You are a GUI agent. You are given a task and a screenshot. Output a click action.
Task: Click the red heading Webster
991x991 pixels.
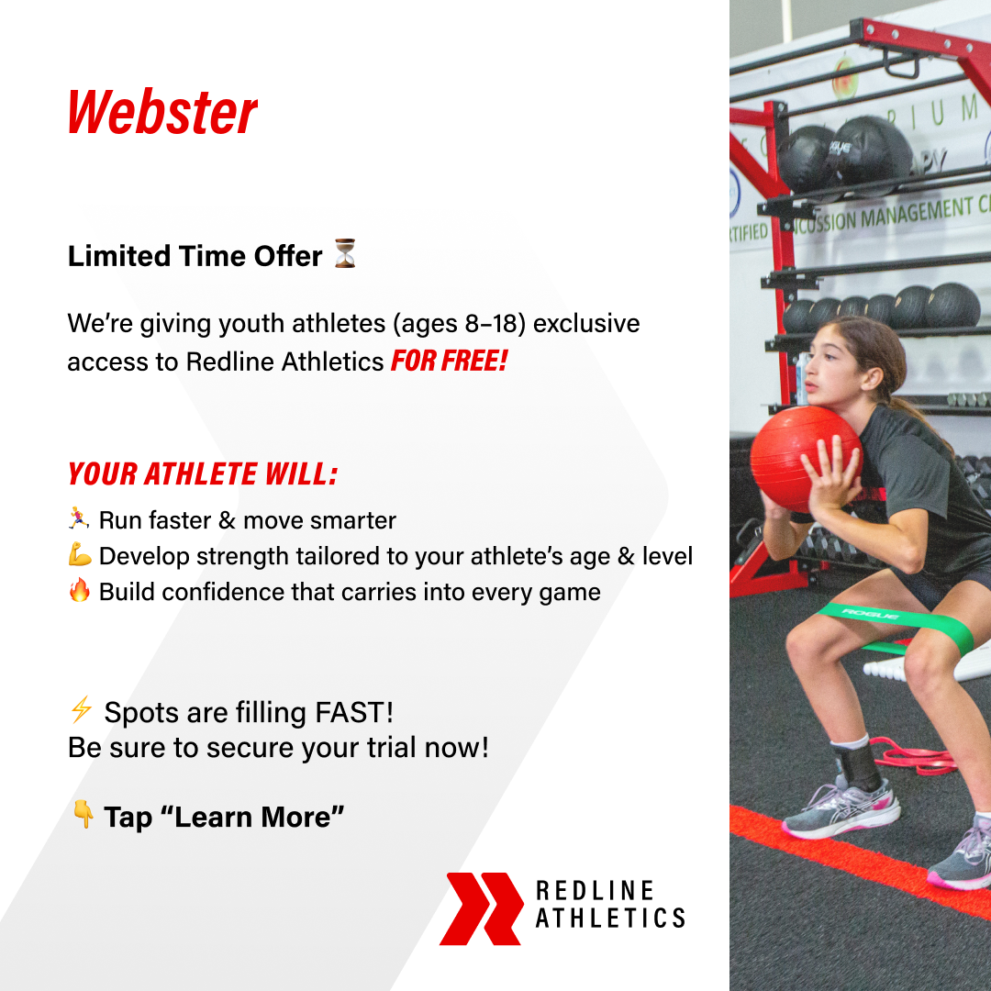[162, 113]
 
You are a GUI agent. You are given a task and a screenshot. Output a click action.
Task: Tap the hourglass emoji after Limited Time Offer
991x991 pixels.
[345, 254]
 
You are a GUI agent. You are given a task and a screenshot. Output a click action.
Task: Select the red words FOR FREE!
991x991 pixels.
[449, 362]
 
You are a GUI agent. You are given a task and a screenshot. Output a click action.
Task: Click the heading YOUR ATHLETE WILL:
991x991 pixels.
[203, 473]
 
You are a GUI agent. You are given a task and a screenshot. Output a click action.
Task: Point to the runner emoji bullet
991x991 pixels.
[79, 519]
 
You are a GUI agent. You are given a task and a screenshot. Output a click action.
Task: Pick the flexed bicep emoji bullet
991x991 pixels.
[79, 555]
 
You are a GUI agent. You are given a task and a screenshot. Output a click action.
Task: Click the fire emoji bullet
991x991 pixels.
[79, 591]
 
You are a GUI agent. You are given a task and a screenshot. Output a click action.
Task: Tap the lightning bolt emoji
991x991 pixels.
[81, 709]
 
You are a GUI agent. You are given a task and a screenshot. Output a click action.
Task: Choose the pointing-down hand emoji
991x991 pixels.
[83, 814]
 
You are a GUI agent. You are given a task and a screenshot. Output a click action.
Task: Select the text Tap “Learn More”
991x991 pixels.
[224, 816]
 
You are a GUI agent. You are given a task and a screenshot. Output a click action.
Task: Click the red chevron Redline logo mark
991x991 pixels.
[481, 908]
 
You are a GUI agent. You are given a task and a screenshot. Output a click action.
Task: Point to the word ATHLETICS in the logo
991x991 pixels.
[610, 918]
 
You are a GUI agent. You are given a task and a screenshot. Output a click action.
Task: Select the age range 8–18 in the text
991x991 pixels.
[492, 324]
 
